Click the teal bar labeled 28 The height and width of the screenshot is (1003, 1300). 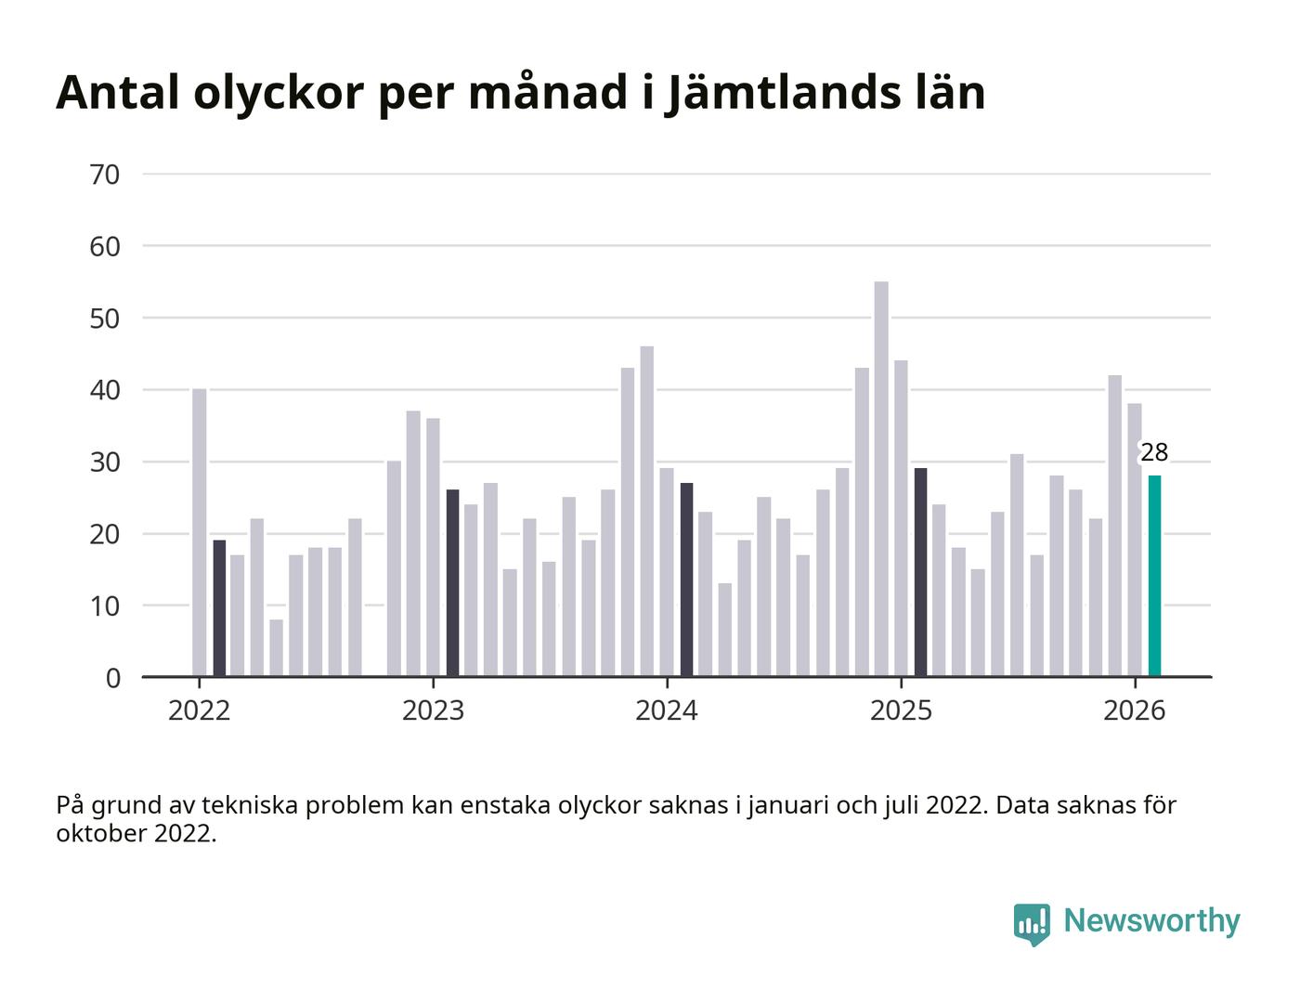tap(1154, 576)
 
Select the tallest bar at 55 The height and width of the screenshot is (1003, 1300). tap(881, 478)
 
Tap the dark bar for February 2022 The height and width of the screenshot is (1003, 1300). tap(219, 608)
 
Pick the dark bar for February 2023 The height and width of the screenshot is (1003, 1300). tap(452, 583)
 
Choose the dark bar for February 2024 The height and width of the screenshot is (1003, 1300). tap(686, 580)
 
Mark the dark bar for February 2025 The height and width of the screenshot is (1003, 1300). tap(920, 572)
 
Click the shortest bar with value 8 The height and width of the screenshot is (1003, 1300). tap(277, 647)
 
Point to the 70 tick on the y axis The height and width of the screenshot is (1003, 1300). tap(105, 175)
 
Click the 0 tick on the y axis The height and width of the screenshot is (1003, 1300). tap(113, 678)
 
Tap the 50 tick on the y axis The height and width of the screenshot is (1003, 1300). tap(105, 319)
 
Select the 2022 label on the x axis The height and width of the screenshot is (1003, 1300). tap(199, 711)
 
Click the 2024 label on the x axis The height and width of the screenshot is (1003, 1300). tap(666, 711)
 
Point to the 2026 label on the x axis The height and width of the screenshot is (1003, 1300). tap(1134, 711)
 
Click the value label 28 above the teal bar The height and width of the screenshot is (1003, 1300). tap(1154, 453)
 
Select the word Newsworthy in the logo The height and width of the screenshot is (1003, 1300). tap(1151, 920)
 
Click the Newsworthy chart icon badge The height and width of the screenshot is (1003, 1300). tap(1032, 923)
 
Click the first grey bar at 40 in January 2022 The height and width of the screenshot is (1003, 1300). tap(200, 532)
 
